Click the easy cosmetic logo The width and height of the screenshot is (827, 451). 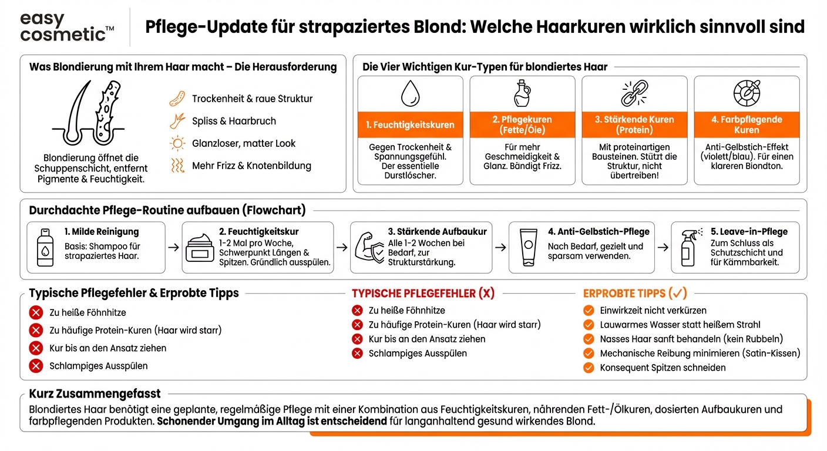click(67, 27)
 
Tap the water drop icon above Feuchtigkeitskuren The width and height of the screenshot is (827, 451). click(410, 93)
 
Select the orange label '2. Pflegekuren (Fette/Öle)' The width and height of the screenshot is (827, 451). click(522, 124)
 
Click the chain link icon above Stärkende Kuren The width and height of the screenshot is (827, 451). click(634, 93)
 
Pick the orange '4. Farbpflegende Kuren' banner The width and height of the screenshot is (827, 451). click(747, 124)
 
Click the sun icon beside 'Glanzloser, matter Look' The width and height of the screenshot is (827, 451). click(177, 143)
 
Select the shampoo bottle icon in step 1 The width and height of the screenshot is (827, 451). click(45, 247)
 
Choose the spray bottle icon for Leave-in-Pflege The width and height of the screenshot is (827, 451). click(688, 247)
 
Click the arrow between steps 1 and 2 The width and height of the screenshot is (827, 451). click(173, 247)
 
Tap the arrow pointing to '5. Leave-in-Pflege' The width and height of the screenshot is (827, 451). click(663, 247)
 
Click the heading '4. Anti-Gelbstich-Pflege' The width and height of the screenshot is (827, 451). click(599, 231)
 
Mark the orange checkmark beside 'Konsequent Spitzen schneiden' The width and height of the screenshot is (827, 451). click(589, 368)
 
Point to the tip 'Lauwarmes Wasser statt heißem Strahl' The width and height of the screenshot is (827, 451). click(680, 324)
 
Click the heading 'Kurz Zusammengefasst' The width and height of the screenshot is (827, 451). click(95, 394)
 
